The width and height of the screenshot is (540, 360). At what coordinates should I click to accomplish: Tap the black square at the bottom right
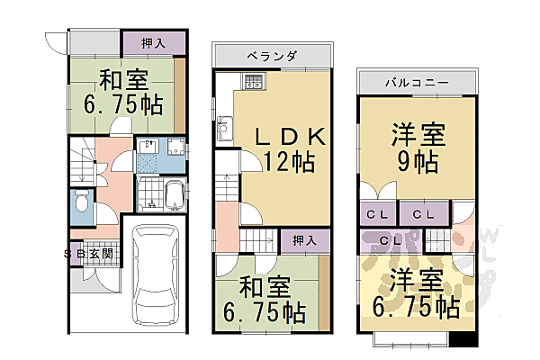tap(461, 341)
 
